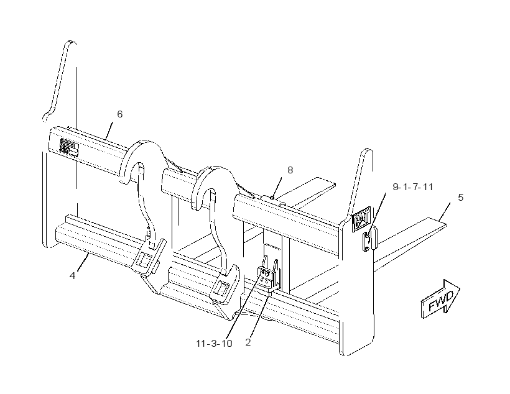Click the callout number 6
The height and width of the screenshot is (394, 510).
[x=119, y=114]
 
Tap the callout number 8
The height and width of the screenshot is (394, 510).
[x=290, y=170]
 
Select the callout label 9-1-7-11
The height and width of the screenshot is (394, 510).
[x=413, y=187]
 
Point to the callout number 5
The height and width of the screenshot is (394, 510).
[x=461, y=198]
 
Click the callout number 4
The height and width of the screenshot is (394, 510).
[x=72, y=276]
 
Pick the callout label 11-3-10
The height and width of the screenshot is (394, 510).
[x=214, y=343]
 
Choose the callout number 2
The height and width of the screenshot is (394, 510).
[x=248, y=342]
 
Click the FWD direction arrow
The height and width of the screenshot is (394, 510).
[x=440, y=300]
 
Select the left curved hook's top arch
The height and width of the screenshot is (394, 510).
[x=142, y=153]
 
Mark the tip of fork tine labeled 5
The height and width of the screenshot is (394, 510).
[x=447, y=224]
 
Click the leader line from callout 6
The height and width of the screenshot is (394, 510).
[x=109, y=131]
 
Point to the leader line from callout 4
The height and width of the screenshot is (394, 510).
[x=83, y=262]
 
